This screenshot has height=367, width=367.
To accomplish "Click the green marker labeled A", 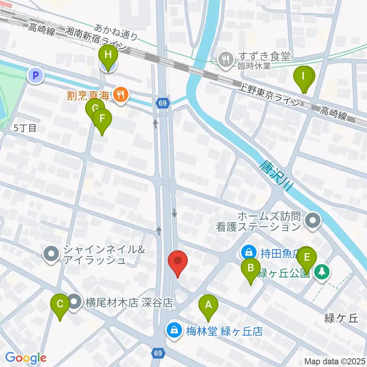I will pos(208,305).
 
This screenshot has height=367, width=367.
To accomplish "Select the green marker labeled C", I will pos(60,304).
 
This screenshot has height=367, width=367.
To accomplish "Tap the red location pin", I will pos(178,261).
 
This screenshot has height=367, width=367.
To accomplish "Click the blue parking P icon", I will pos(36,75).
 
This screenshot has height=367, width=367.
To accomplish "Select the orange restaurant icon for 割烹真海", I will pos(121,95).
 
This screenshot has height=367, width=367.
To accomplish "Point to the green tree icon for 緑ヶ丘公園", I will pos(322,272).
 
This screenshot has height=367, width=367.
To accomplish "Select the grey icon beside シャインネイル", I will pos(51,253).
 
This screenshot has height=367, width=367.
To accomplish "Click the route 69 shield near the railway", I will pos(162,103).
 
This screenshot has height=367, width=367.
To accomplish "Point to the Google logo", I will pos(26,358).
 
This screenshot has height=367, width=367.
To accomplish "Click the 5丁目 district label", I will pos(25,128).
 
